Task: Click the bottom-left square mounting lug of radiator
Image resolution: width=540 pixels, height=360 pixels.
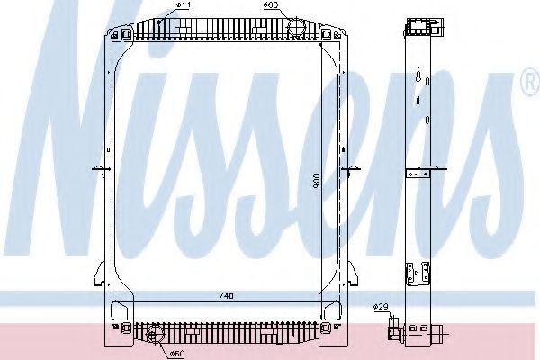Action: click(x=115, y=310)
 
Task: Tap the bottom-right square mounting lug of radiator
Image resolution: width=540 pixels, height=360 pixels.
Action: click(x=337, y=310)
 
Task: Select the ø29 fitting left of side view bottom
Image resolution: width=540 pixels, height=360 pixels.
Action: click(x=394, y=328)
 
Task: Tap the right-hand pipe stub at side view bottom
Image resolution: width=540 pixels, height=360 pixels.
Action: click(x=437, y=337)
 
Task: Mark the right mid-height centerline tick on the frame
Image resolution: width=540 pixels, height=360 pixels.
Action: click(x=353, y=167)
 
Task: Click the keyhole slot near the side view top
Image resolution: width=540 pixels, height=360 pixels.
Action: click(x=418, y=80)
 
